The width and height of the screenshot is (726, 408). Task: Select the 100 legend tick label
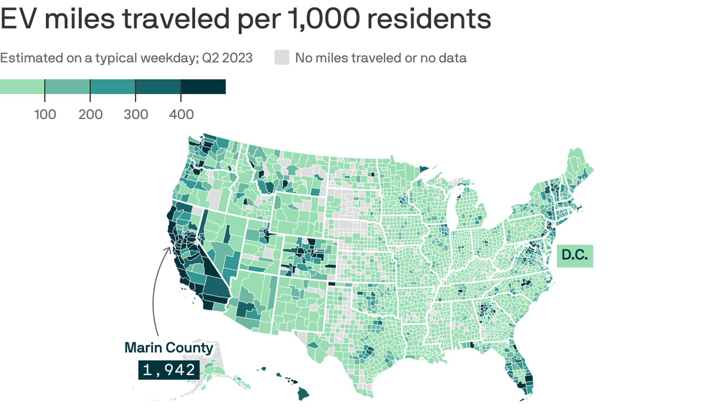[x=45, y=114]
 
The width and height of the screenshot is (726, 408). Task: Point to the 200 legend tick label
[x=90, y=114]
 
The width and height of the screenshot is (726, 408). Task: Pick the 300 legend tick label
[x=136, y=114]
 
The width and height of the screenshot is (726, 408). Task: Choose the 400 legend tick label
[x=181, y=114]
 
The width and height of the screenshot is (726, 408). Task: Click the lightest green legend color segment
[x=22, y=87]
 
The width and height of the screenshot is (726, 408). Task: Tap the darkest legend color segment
[x=204, y=87]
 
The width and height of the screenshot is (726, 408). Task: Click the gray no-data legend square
[x=282, y=57]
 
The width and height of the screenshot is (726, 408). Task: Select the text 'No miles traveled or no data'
[x=381, y=57]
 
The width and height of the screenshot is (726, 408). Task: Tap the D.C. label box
[x=575, y=256]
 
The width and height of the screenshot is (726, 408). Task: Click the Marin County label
[x=168, y=348]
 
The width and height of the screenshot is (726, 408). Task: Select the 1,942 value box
[x=169, y=369]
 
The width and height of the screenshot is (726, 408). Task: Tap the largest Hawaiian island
[x=303, y=394]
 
